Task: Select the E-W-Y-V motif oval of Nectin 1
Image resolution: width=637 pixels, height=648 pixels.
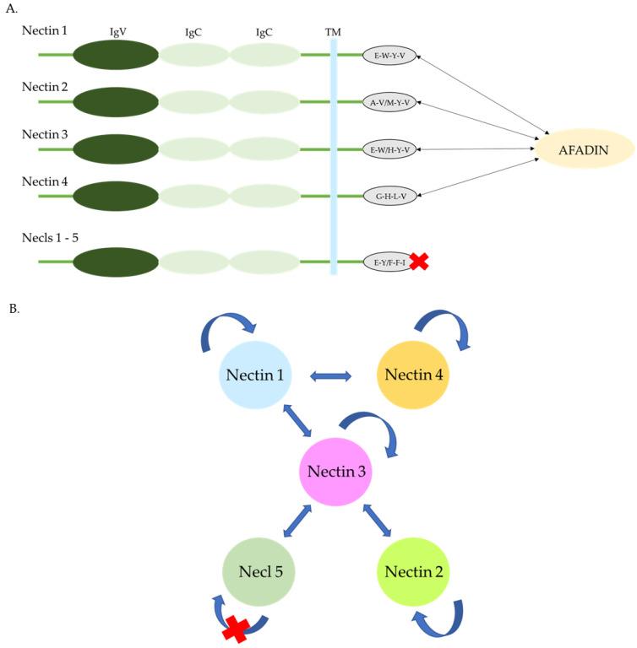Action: [389, 56]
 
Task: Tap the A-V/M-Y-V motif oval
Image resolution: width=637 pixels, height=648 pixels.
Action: [389, 103]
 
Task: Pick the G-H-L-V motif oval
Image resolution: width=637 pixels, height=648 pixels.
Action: [389, 196]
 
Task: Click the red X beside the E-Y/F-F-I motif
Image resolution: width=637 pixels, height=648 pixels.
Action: [419, 262]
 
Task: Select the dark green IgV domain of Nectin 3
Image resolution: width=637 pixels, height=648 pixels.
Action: [116, 149]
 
